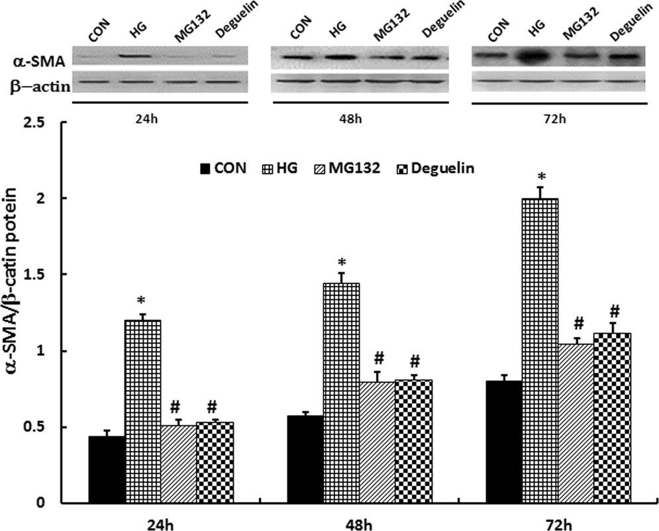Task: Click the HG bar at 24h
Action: coord(143,410)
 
